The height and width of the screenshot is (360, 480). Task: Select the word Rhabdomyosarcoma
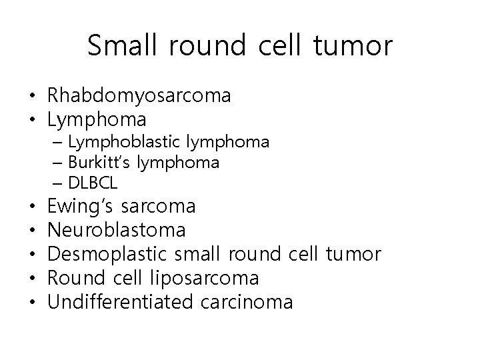tap(139, 97)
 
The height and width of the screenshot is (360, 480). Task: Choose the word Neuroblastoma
tap(117, 231)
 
